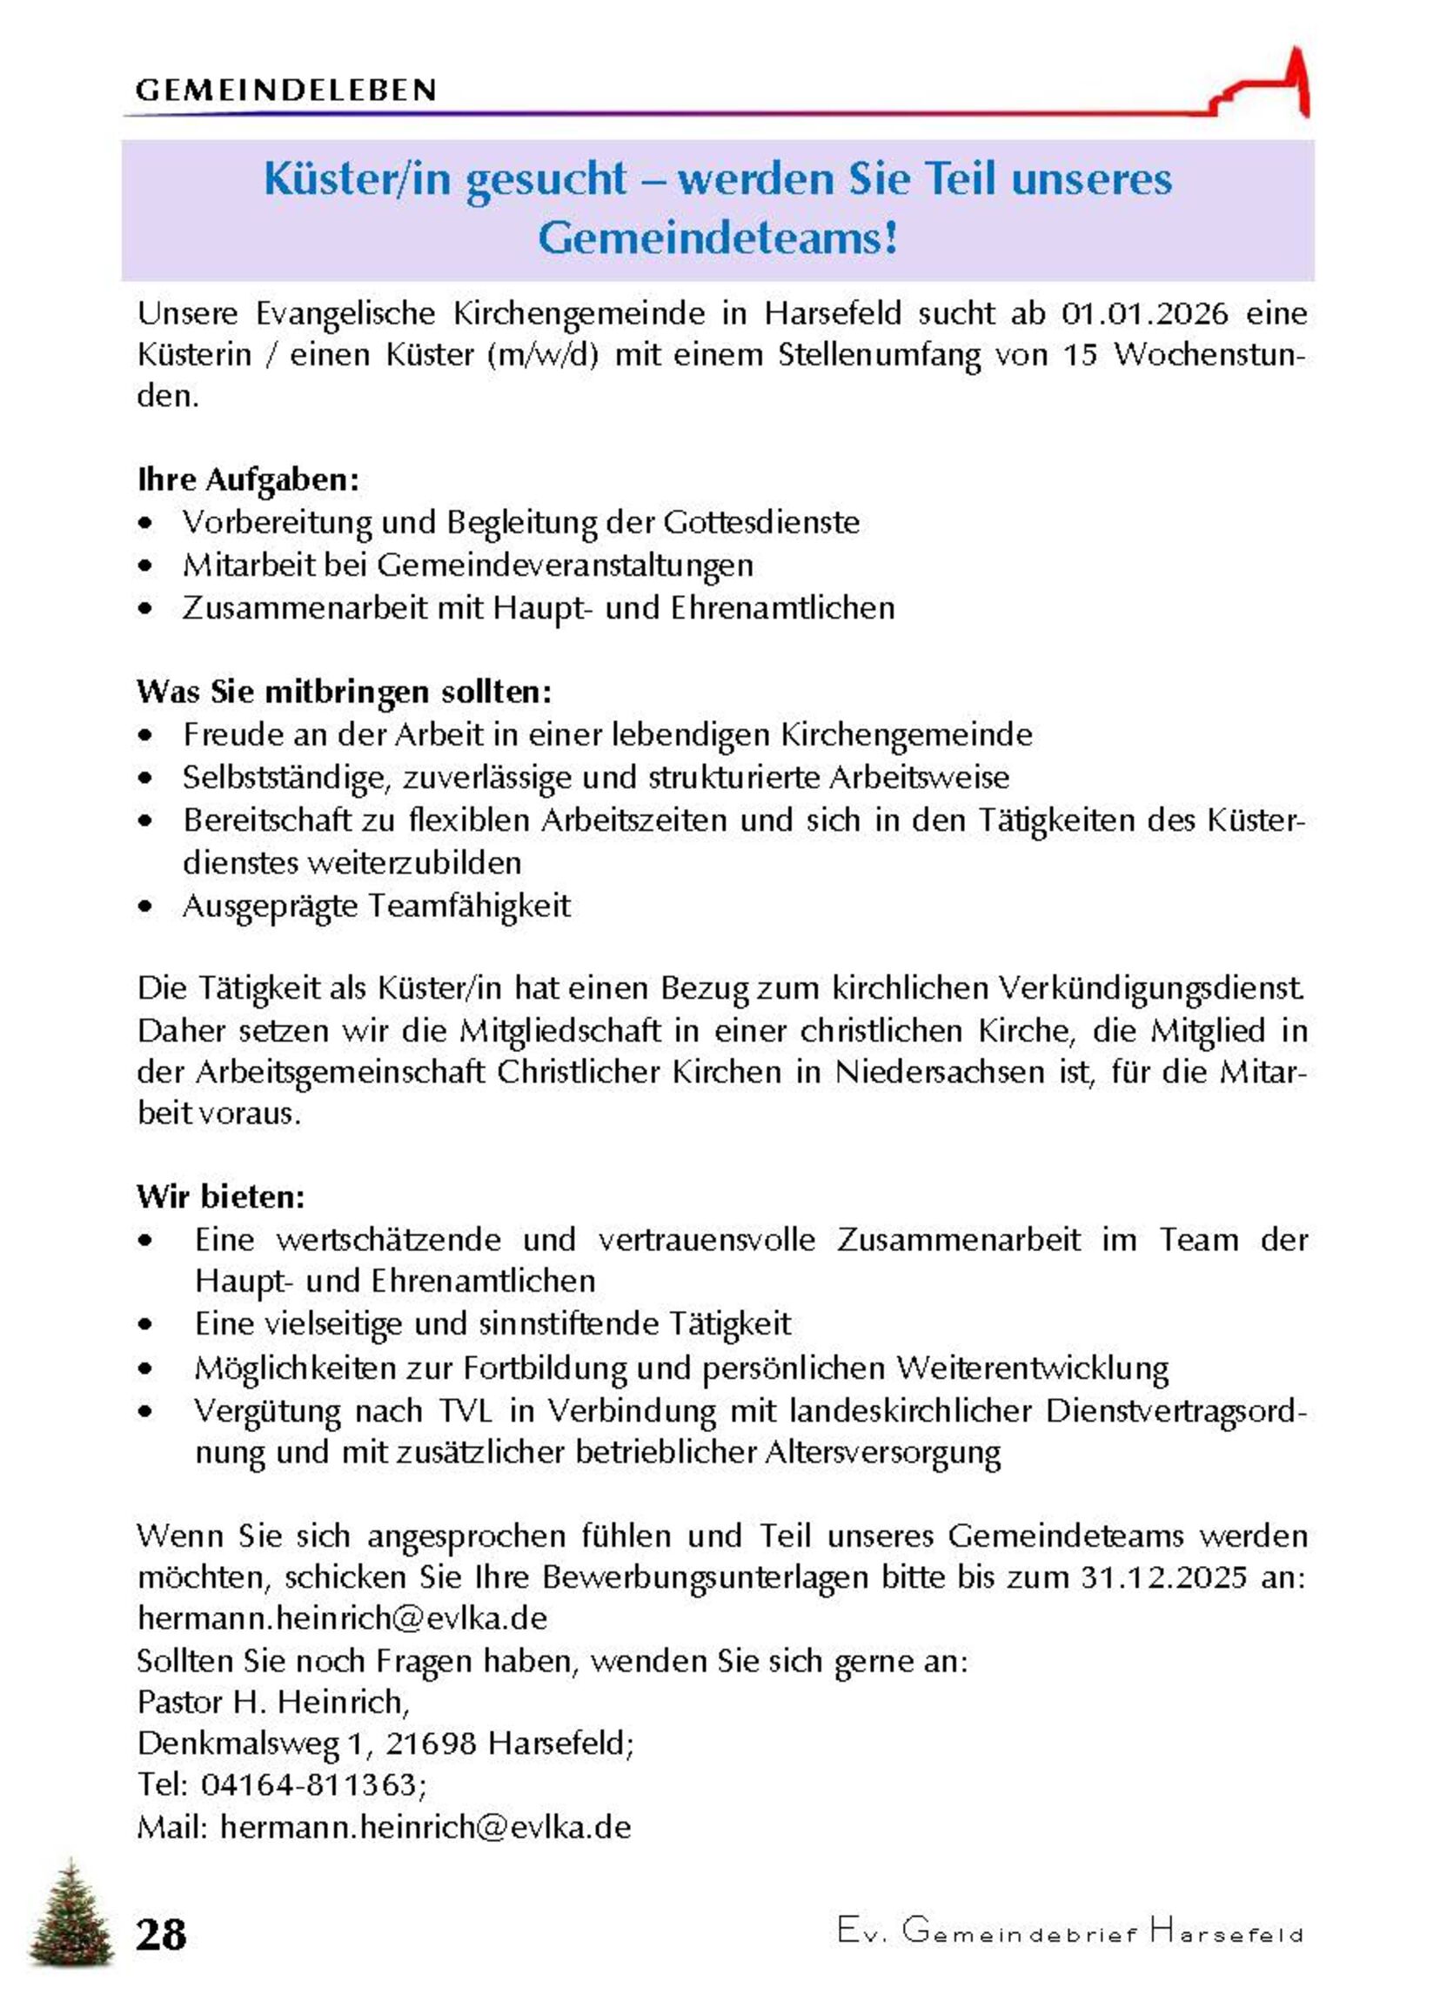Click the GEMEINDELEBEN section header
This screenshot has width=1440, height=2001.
pyautogui.click(x=285, y=90)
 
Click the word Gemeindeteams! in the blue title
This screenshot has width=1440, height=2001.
pyautogui.click(x=717, y=238)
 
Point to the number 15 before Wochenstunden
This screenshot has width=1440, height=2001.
pyautogui.click(x=1081, y=355)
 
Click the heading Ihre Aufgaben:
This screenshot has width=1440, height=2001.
pyautogui.click(x=248, y=480)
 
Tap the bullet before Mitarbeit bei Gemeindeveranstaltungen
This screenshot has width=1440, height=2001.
pyautogui.click(x=145, y=565)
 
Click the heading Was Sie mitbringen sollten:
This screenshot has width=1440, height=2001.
pyautogui.click(x=343, y=691)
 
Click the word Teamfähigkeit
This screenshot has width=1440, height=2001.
pyautogui.click(x=469, y=906)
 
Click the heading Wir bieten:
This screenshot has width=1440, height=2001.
pyautogui.click(x=221, y=1197)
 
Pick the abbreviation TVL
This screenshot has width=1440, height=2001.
pyautogui.click(x=465, y=1411)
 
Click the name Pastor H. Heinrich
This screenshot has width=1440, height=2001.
pyautogui.click(x=271, y=1702)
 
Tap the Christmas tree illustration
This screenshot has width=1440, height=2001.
pyautogui.click(x=70, y=1913)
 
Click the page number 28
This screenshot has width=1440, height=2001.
pyautogui.click(x=162, y=1934)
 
